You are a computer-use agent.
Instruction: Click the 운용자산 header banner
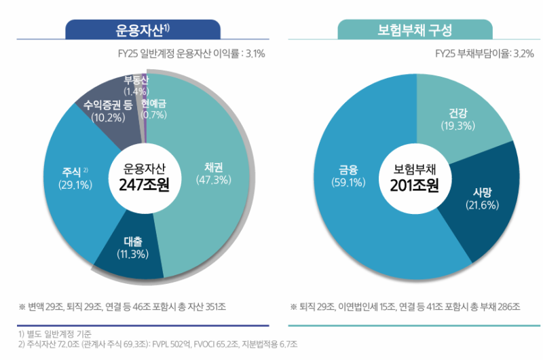143,31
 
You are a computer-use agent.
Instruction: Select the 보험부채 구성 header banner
415,31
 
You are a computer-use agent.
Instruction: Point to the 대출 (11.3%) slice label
133,248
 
